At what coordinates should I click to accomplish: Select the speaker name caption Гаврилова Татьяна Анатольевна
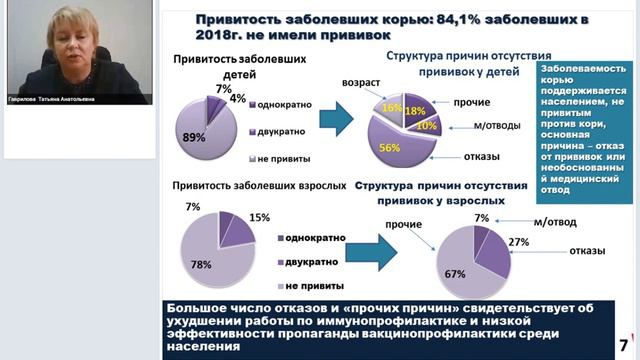tap(51, 99)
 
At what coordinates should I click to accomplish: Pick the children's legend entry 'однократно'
tap(285, 104)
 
